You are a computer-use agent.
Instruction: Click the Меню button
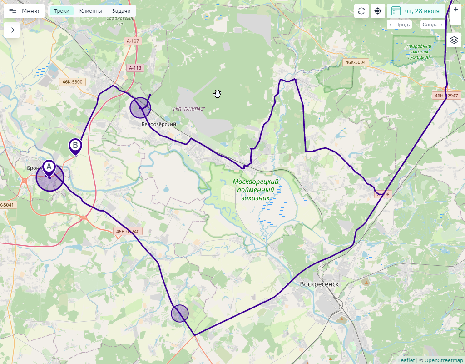pos(24,11)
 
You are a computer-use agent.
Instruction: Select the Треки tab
pos(61,11)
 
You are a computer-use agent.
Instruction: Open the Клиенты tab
pos(90,11)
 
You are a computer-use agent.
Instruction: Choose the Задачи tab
pos(121,11)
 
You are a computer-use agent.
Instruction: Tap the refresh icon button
pos(361,11)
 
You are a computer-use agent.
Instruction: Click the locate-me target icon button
pos(378,11)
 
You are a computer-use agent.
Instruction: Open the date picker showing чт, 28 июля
pos(416,11)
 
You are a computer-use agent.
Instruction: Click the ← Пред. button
pos(400,25)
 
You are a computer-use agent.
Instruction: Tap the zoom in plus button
pos(456,10)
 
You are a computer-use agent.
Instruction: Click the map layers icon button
pos(454,40)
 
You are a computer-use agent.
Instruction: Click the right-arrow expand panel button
pos(12,30)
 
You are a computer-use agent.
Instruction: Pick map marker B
pos(75,146)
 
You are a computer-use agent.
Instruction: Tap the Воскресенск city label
pos(319,284)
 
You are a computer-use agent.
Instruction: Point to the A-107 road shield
pos(133,41)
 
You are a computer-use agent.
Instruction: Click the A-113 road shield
pos(135,68)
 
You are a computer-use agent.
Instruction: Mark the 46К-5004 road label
pos(355,62)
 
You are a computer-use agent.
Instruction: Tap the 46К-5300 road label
pos(73,82)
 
